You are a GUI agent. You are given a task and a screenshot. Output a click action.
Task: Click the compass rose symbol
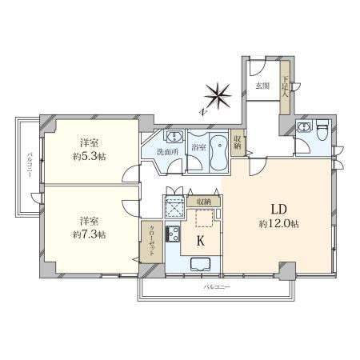coord(218,96)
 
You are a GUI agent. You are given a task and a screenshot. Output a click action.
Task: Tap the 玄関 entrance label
coord(262,86)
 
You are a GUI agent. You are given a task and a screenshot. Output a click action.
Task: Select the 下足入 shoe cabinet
coord(285,88)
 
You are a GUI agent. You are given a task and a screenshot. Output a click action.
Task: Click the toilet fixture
coord(322,130)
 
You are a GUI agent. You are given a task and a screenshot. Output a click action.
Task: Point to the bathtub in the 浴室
coord(218,151)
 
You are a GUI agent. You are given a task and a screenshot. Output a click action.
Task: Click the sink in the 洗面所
coord(174,137)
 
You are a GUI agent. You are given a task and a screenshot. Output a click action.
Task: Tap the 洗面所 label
coord(167,152)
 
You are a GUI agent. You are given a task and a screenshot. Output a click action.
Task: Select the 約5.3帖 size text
coord(90,157)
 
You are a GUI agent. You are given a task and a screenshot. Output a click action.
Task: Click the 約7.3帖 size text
coord(90,234)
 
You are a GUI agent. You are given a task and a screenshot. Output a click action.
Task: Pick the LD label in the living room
coord(279,210)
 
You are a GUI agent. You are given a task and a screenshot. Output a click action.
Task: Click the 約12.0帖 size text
coord(278,224)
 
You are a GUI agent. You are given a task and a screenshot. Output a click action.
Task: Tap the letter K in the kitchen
coord(201,241)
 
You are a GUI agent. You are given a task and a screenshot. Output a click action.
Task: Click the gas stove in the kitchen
coord(173,234)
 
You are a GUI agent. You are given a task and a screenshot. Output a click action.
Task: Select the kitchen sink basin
coord(201,264)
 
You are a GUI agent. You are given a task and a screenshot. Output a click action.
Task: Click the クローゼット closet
coord(151,242)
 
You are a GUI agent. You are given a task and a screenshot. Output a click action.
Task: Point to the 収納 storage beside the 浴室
coord(237,142)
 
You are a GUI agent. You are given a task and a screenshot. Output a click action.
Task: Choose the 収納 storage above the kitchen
coord(204,202)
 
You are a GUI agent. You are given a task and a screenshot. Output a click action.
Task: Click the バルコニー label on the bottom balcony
coord(217,287)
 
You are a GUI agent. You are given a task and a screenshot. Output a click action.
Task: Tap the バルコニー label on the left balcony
coord(30,165)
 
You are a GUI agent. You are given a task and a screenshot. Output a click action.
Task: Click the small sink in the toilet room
coord(303,126)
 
